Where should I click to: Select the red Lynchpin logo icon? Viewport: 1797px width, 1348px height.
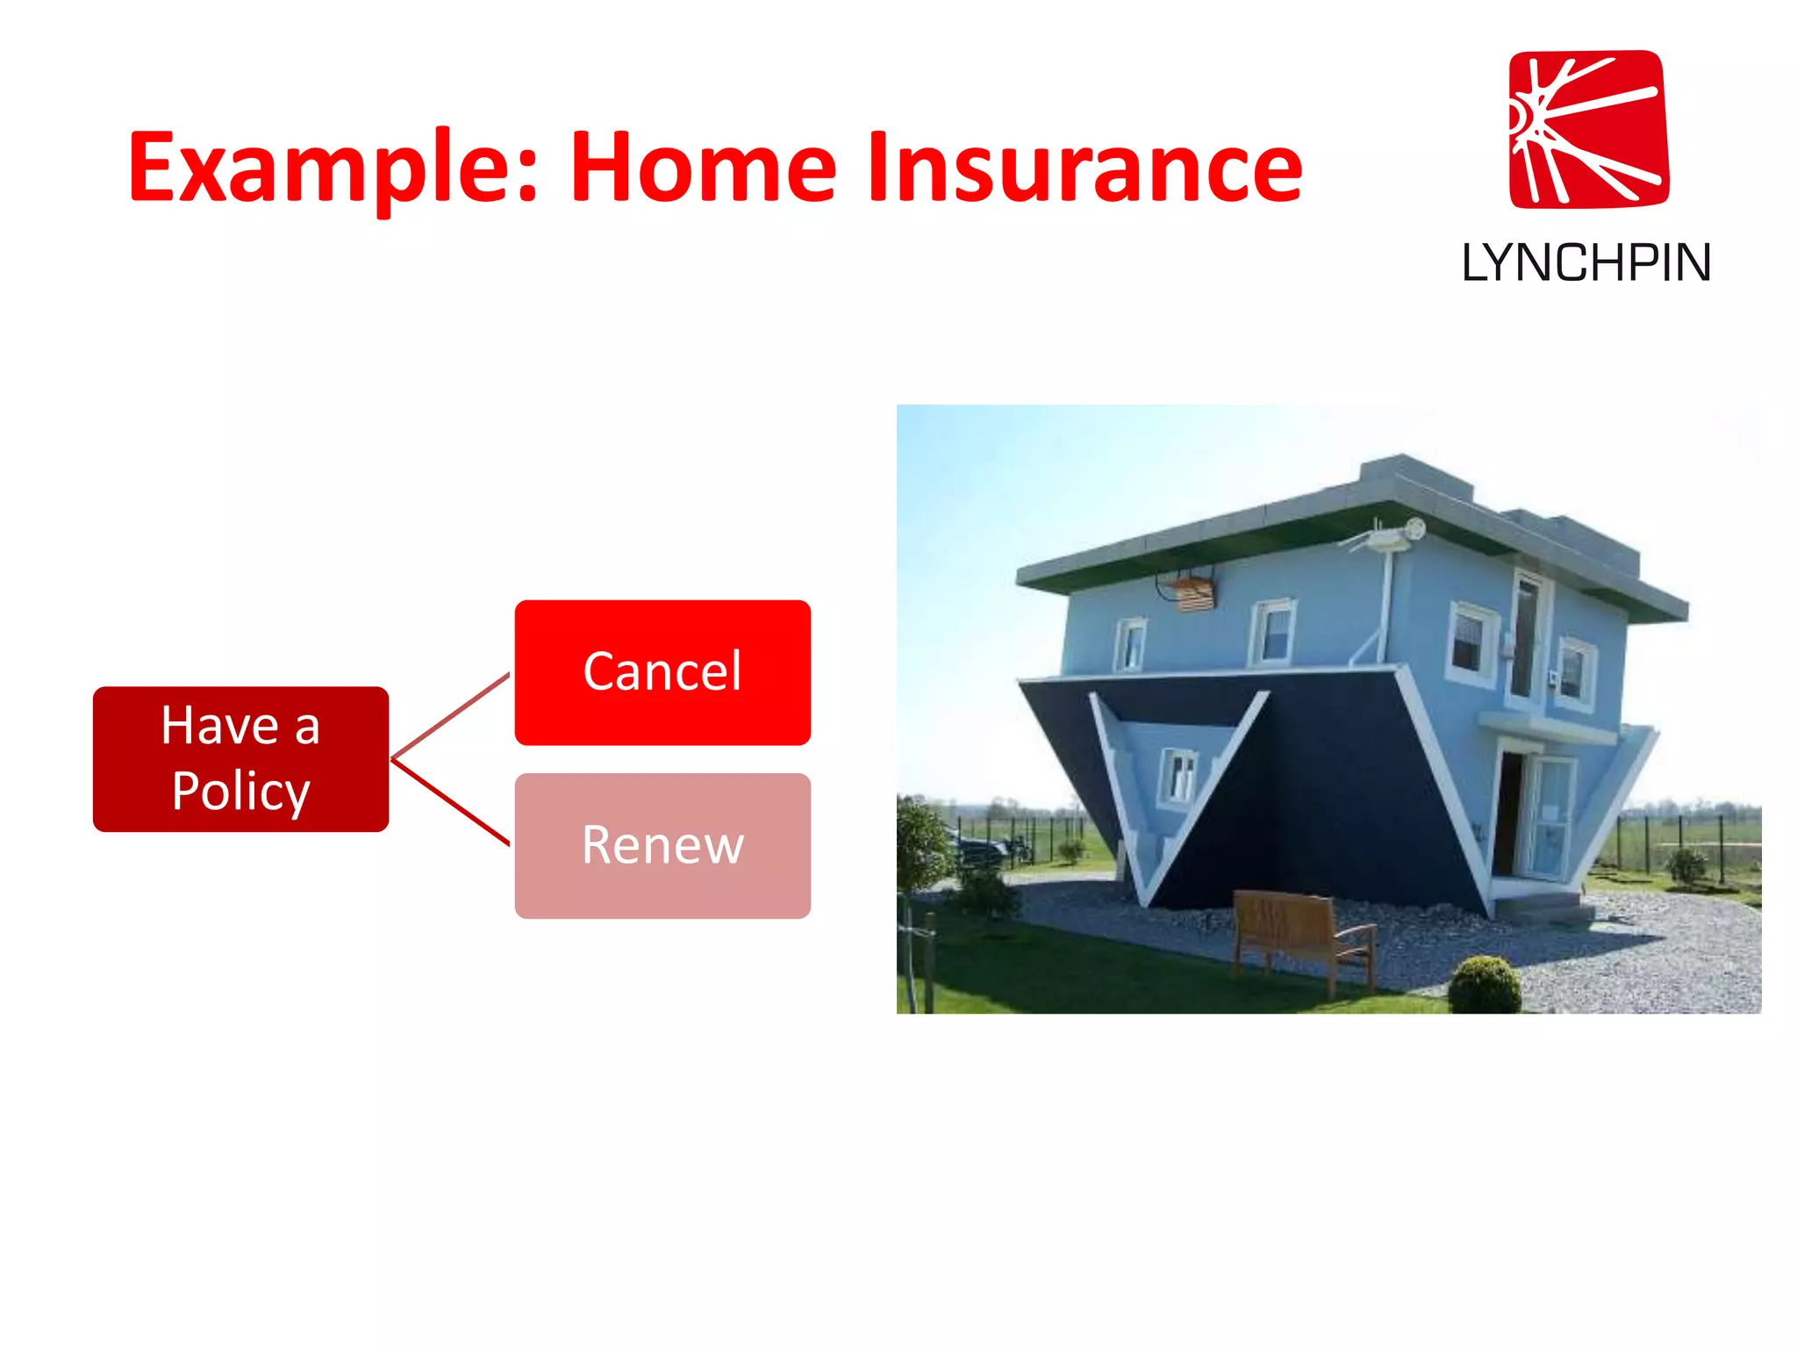pyautogui.click(x=1588, y=129)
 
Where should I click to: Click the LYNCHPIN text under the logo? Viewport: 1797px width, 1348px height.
pyautogui.click(x=1586, y=262)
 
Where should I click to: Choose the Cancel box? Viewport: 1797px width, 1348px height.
pyautogui.click(x=662, y=672)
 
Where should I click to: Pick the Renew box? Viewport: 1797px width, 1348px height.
pyautogui.click(x=662, y=845)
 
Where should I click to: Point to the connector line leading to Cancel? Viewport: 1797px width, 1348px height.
pyautogui.click(x=451, y=715)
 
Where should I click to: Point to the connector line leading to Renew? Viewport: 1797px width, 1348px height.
pyautogui.click(x=451, y=802)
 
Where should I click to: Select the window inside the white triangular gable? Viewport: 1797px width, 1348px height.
pyautogui.click(x=1178, y=774)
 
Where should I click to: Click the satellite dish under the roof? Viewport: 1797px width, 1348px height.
pyautogui.click(x=1414, y=528)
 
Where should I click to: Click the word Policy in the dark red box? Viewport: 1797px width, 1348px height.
pyautogui.click(x=240, y=792)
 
